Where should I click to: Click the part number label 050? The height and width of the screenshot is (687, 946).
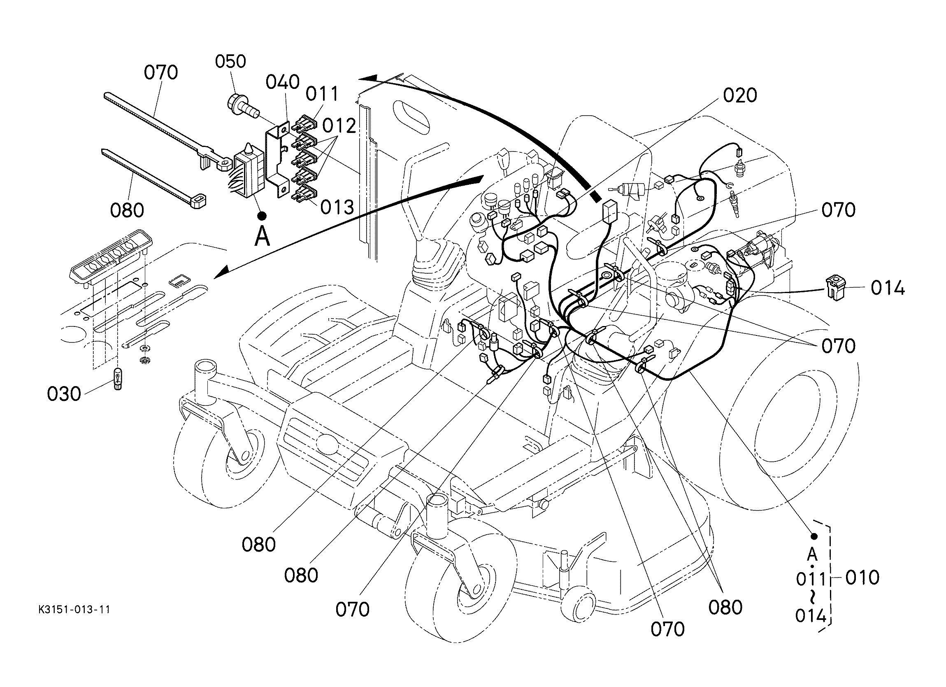[230, 61]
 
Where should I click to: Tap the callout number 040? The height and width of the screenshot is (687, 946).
[282, 82]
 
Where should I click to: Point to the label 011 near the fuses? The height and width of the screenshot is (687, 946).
[322, 94]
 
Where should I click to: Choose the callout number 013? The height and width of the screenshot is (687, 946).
[337, 207]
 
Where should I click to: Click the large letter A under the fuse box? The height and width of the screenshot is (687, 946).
[262, 237]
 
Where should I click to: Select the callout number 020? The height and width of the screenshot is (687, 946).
[740, 95]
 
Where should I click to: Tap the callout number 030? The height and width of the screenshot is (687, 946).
[64, 394]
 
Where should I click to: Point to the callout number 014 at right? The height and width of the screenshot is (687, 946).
[888, 289]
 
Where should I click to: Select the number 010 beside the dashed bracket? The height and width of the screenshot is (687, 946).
[862, 578]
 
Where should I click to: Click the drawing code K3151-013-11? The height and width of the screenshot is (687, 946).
[74, 610]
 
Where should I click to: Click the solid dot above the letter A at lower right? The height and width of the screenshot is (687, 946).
[814, 536]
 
